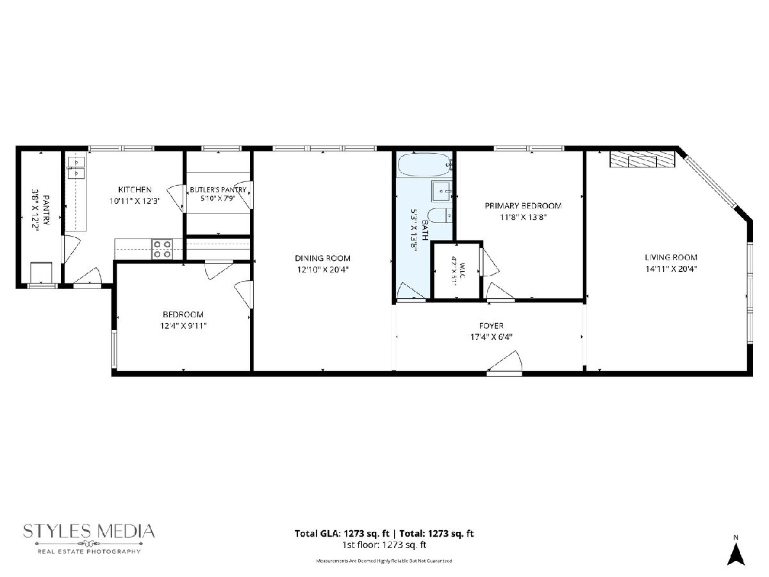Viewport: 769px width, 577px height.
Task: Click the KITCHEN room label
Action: tap(135, 190)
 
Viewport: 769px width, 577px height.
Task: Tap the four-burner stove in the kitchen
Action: tap(162, 249)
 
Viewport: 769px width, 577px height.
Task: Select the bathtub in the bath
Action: tap(424, 165)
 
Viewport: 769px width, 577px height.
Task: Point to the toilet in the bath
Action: tap(440, 215)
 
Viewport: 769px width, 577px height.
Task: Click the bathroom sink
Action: tap(442, 191)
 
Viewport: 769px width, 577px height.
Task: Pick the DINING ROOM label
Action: tap(323, 258)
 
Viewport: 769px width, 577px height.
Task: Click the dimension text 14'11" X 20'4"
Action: tap(671, 269)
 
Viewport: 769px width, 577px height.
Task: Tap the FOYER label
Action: tap(492, 326)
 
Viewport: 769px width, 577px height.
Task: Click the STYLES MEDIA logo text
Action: tap(89, 531)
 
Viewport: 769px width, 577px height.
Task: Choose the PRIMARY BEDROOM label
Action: tap(524, 206)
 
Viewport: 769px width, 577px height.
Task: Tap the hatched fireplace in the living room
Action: tap(642, 160)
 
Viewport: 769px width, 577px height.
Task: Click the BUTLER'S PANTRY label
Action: tap(218, 190)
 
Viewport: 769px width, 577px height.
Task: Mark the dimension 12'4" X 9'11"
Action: tap(183, 326)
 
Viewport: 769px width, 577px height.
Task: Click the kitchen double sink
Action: tap(76, 168)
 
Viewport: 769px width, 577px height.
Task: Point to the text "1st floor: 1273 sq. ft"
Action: tap(384, 545)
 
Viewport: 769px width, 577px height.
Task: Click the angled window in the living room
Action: tap(711, 182)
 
